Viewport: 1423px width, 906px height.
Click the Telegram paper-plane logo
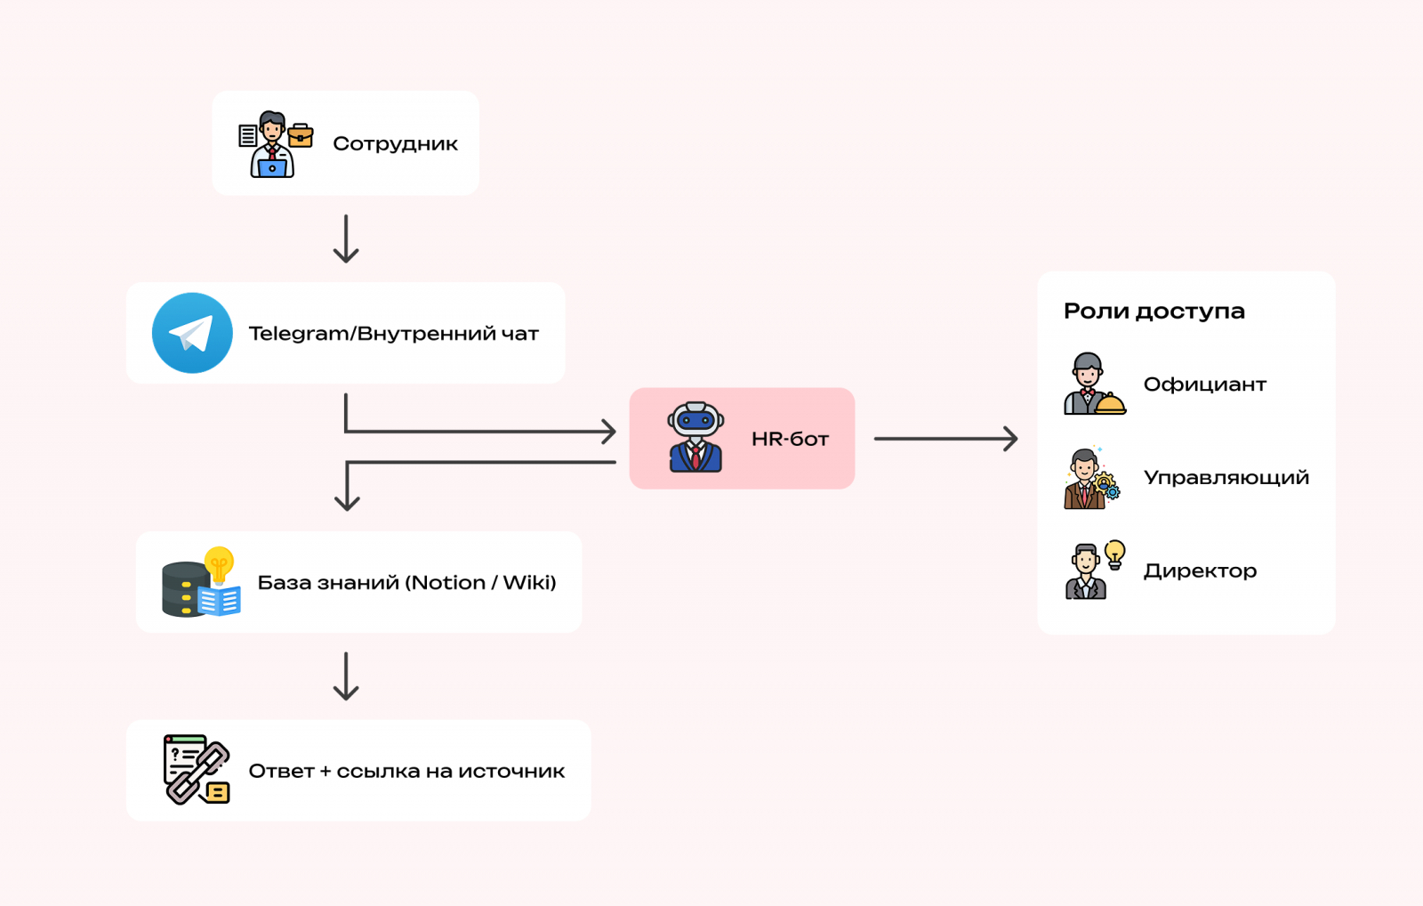192,333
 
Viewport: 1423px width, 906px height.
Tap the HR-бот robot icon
695,437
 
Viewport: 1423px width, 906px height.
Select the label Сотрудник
395,143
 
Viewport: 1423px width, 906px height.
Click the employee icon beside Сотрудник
275,144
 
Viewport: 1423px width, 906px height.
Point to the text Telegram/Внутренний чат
393,334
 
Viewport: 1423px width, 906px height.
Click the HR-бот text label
790,439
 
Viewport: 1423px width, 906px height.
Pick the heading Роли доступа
1154,311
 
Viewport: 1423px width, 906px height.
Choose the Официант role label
1204,384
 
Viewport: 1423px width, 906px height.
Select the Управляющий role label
1226,478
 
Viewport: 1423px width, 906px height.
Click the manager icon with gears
1091,479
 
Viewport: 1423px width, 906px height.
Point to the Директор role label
1200,570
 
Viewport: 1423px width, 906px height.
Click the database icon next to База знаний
201,583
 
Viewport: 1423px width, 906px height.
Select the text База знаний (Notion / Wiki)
406,583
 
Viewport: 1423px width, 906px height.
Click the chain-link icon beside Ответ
197,770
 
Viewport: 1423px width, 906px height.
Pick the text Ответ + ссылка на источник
406,771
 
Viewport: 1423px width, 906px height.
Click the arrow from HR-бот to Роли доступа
945,439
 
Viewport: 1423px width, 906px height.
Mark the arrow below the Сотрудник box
346,239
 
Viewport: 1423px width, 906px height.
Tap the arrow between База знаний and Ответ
346,676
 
